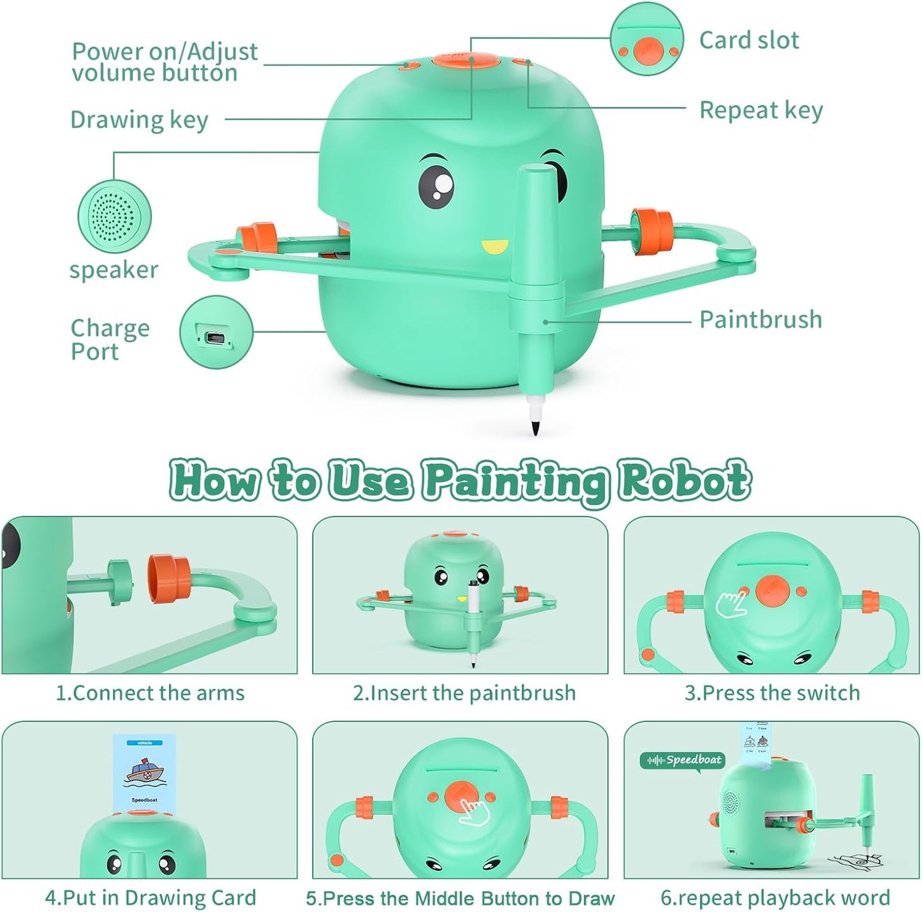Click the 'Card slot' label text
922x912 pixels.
(x=748, y=40)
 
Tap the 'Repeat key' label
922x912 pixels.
(x=761, y=110)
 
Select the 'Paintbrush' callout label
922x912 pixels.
(x=760, y=320)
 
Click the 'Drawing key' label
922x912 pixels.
(x=139, y=120)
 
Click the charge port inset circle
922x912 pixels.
(x=216, y=332)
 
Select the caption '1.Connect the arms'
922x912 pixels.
(x=150, y=693)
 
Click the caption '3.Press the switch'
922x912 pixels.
(x=772, y=693)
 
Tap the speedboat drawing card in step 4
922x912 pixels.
(x=144, y=774)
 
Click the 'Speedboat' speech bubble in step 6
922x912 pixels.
(x=683, y=760)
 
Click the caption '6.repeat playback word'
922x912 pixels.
(x=775, y=898)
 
